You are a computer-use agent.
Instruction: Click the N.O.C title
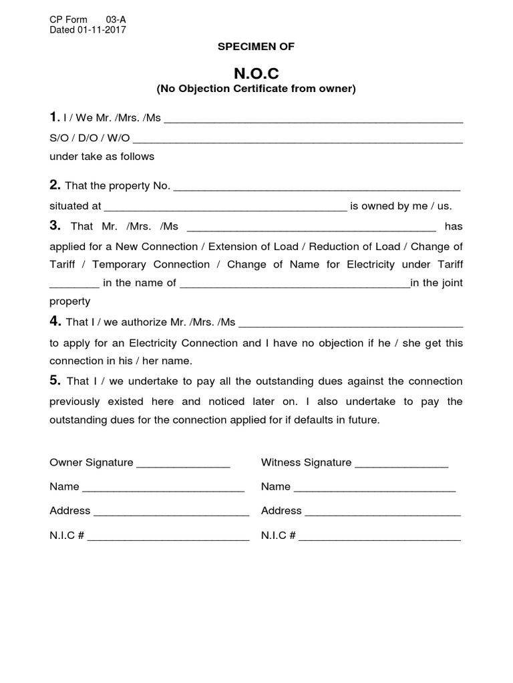[256, 73]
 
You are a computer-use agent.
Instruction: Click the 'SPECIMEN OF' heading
[256, 46]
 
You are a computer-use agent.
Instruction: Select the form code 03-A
[116, 19]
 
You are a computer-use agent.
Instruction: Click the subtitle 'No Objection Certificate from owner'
[256, 88]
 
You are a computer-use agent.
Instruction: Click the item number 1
[54, 118]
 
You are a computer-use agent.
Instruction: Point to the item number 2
[55, 185]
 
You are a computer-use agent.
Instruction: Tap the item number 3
[55, 225]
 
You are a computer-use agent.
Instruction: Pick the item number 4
[55, 321]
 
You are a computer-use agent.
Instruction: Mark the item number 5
[55, 381]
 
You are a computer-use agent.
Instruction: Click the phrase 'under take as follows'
[102, 157]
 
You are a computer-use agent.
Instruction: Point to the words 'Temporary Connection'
[152, 264]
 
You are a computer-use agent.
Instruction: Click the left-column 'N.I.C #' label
[65, 535]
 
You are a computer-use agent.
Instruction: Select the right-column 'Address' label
[281, 511]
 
